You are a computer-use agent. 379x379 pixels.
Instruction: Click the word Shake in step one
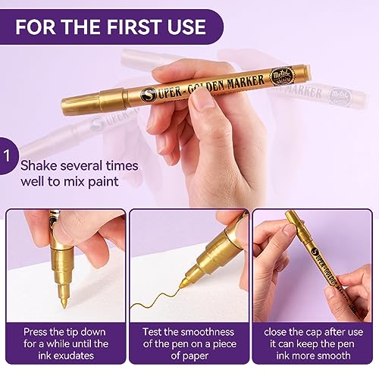(39, 165)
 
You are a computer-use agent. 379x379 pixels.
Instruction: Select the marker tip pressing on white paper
(64, 302)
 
